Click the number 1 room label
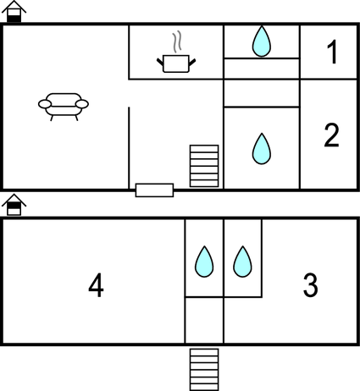[x=332, y=52]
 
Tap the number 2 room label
[x=331, y=135]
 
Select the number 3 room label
[x=310, y=285]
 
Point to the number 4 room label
[x=96, y=285]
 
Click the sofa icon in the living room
[x=64, y=107]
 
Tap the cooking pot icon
[x=176, y=63]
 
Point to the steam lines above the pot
[x=177, y=41]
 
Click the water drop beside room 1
[x=262, y=41]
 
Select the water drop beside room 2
[x=262, y=149]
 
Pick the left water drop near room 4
[x=204, y=262]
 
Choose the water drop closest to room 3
[x=242, y=262]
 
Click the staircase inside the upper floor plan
[x=204, y=166]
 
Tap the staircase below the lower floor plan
[x=204, y=370]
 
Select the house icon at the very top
[x=14, y=11]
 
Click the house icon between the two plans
[x=14, y=205]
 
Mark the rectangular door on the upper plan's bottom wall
[x=154, y=190]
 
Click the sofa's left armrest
[x=45, y=104]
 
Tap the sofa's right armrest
[x=82, y=104]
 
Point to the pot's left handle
[x=160, y=62]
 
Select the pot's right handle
[x=192, y=62]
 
